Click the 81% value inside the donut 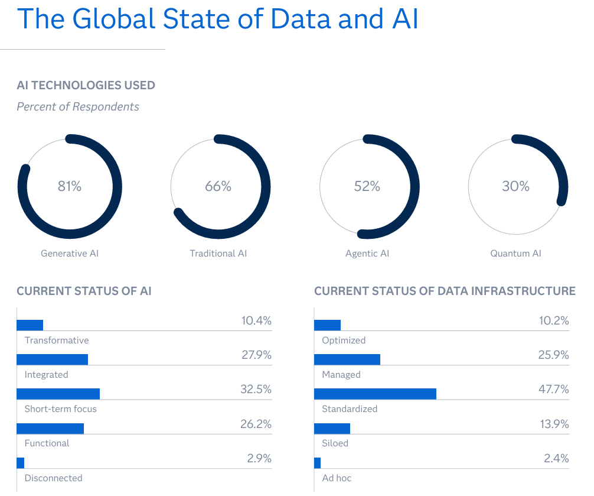(69, 186)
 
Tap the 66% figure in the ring (218, 186)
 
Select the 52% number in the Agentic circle (367, 186)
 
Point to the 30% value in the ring (515, 186)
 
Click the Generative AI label (70, 254)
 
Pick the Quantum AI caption (515, 254)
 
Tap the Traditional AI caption (218, 254)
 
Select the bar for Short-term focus (58, 394)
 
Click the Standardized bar (375, 394)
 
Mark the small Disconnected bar (21, 463)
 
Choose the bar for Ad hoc (318, 463)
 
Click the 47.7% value (553, 390)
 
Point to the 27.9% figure (256, 355)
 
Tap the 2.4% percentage (556, 458)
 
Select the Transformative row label (57, 341)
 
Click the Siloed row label (335, 443)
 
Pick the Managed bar (347, 359)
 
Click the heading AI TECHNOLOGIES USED (86, 86)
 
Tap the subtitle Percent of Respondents (78, 107)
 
